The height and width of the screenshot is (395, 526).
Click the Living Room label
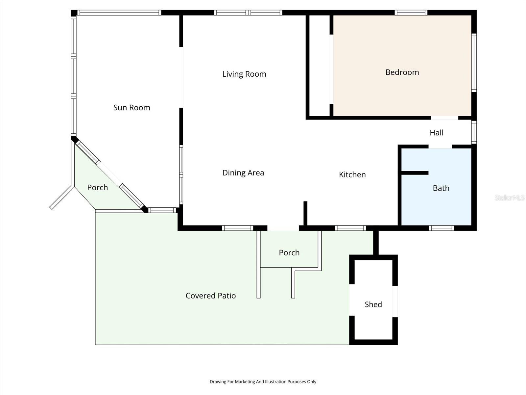pos(244,74)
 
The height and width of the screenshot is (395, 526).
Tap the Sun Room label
pos(131,108)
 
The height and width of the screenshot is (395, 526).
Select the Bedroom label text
pos(402,72)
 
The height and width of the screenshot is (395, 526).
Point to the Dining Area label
pos(243,173)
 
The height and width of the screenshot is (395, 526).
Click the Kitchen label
pos(352,174)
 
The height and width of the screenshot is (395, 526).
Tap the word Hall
pos(436,133)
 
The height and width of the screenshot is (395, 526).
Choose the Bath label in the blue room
pos(441,188)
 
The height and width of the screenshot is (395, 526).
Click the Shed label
pos(373,304)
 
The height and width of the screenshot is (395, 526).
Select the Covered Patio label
pos(210,296)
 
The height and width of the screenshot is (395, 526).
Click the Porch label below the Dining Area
pos(289,252)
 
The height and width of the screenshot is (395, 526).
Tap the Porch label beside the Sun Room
pos(97,188)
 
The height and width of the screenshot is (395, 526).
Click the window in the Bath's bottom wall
pos(442,228)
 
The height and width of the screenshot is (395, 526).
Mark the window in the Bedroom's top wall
pos(411,13)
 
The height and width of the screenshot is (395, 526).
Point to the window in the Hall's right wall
pos(474,132)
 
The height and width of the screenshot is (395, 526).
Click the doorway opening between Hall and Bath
pos(440,147)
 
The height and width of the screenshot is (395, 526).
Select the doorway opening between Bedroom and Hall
pos(444,118)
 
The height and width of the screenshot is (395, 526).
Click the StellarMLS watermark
pos(509,197)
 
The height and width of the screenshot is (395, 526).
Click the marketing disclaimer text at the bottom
pos(263,382)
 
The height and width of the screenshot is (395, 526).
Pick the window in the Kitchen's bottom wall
pos(350,228)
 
